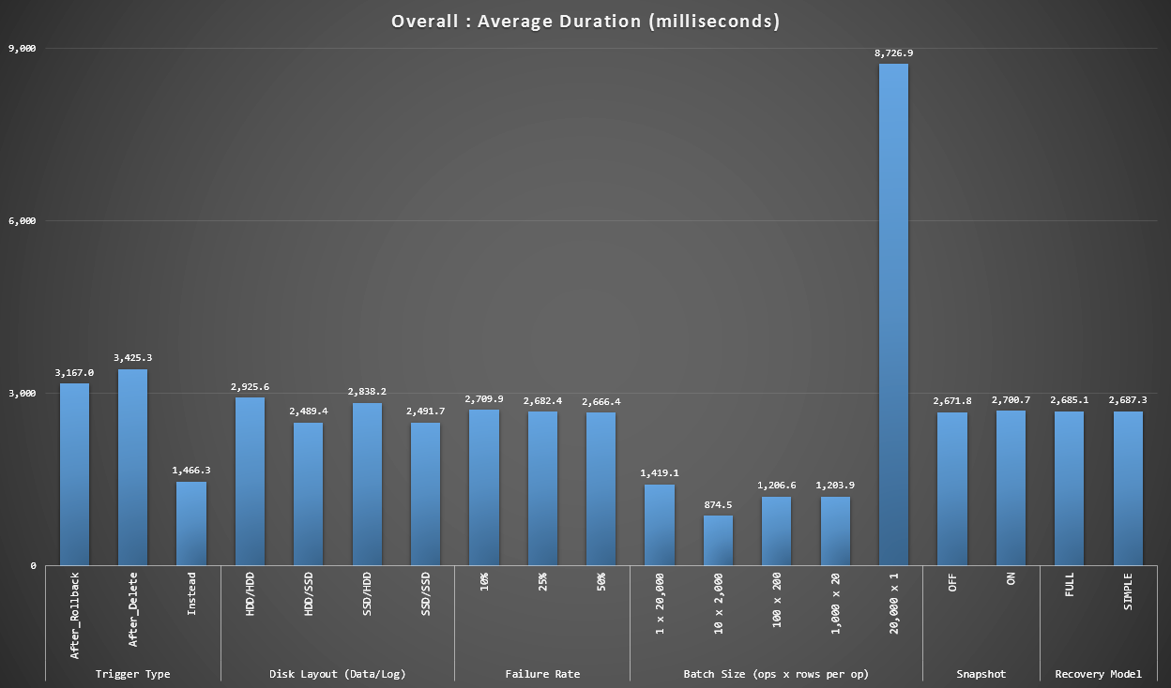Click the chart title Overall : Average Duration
pos(585,22)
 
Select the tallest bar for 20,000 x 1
pos(893,314)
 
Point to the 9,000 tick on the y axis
pos(22,49)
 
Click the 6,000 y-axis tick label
pos(22,221)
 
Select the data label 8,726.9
pos(893,53)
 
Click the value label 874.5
pos(718,505)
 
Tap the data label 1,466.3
pos(191,471)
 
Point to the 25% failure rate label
pos(542,581)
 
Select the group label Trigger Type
pos(132,674)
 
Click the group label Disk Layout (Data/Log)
pos(337,674)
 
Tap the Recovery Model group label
pos(1098,674)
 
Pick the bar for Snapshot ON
pos(1011,487)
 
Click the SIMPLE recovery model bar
pos(1128,488)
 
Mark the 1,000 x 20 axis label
pos(835,604)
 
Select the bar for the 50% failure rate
pos(601,488)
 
